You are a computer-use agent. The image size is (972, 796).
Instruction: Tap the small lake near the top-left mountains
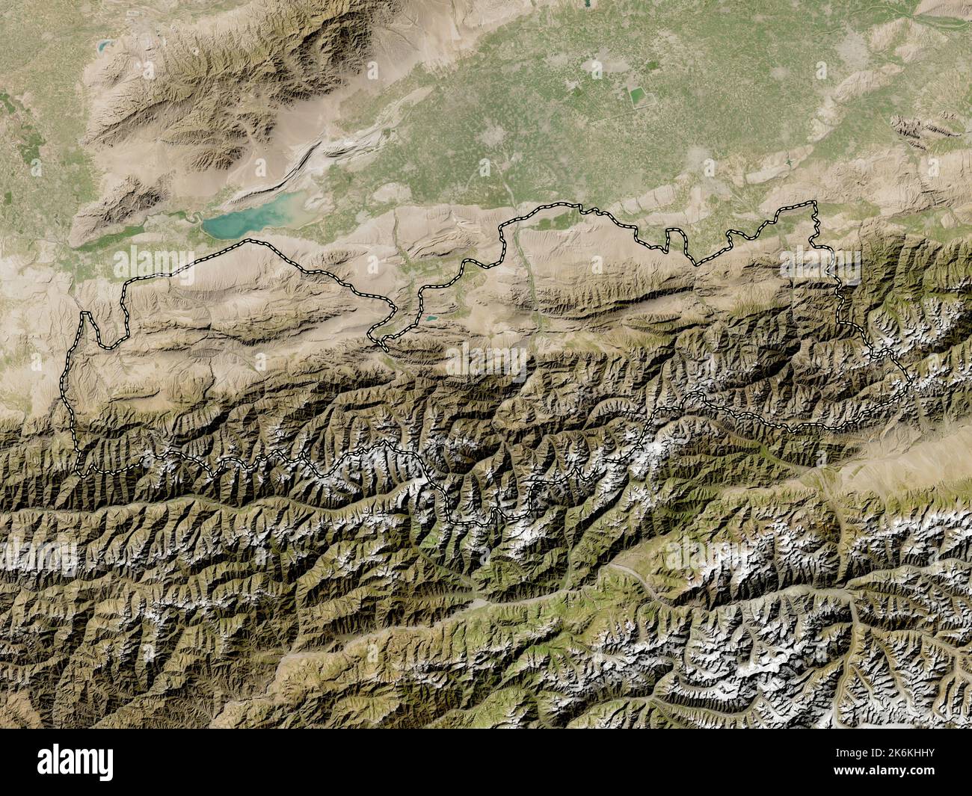[x=99, y=46]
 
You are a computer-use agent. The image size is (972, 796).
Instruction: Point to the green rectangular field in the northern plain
[x=637, y=96]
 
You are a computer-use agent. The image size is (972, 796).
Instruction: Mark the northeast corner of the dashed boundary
[x=816, y=203]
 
